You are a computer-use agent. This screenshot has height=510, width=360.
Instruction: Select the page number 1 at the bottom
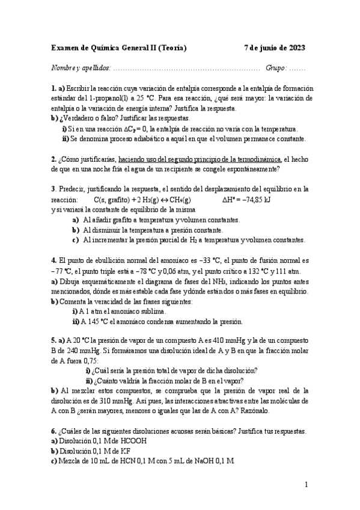tap(306, 485)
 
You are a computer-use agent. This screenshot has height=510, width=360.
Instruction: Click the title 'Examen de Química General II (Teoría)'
tap(118, 48)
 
